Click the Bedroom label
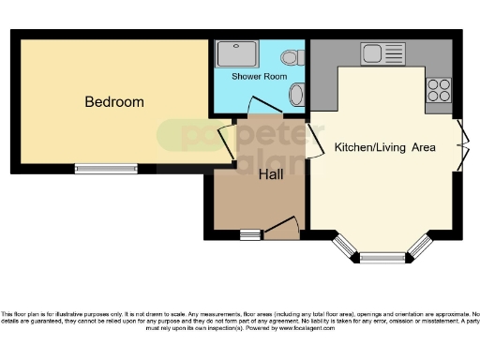pyautogui.click(x=114, y=101)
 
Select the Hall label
pyautogui.click(x=271, y=173)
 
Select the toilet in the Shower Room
pyautogui.click(x=292, y=56)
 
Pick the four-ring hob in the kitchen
pyautogui.click(x=439, y=89)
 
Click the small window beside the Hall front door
pyautogui.click(x=249, y=234)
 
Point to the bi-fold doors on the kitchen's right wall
pyautogui.click(x=461, y=145)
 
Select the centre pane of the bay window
pyautogui.click(x=381, y=256)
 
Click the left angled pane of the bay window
pyautogui.click(x=345, y=246)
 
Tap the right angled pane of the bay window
pyautogui.click(x=418, y=246)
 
